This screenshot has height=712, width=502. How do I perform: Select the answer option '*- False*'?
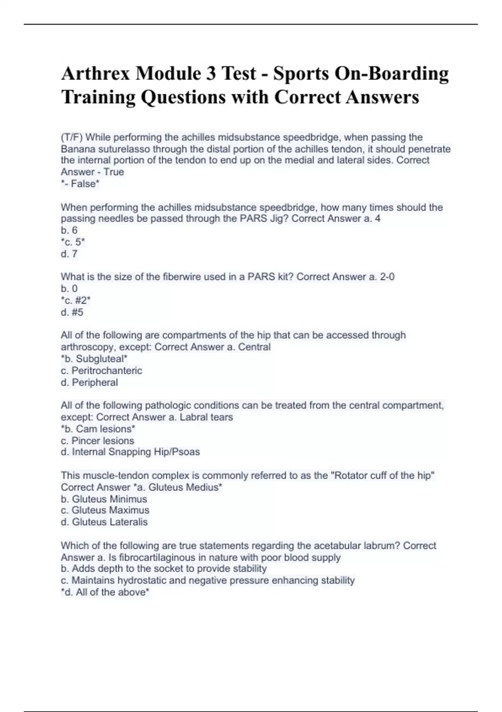80,183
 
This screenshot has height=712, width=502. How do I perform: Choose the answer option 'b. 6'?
69,230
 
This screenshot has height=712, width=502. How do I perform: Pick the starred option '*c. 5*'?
73,242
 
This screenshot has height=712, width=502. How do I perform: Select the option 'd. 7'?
69,253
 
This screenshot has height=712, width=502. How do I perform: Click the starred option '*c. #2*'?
75,300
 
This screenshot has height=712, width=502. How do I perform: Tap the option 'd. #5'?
72,312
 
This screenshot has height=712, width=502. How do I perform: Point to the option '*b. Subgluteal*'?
94,359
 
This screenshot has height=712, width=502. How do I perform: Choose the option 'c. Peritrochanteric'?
101,370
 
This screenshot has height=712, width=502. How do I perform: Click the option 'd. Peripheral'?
89,382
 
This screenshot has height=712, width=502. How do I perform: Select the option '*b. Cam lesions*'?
98,429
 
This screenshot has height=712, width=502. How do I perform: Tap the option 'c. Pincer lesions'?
97,441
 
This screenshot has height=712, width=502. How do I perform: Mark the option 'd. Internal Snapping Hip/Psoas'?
130,452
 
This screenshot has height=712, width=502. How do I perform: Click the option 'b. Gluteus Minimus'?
104,499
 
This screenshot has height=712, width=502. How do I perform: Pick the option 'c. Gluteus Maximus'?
105,510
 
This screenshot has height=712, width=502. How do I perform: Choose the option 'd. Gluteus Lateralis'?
104,522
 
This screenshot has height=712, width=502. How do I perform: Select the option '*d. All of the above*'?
105,592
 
